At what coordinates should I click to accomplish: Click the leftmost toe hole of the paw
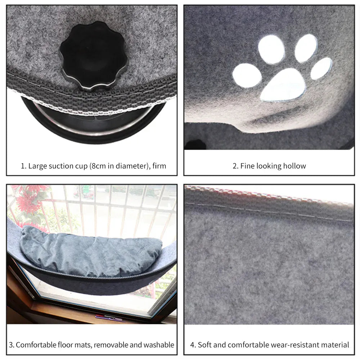[247, 75]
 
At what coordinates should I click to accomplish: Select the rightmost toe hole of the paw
[321, 68]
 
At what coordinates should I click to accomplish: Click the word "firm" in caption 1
[159, 166]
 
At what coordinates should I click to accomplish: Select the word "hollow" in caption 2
[294, 166]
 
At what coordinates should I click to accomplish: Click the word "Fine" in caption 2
[247, 166]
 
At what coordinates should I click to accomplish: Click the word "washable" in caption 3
[159, 345]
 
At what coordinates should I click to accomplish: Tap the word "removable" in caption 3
[111, 345]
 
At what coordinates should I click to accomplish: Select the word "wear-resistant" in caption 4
[293, 345]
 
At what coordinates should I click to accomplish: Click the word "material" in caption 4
[334, 345]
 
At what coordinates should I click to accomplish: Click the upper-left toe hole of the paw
[271, 49]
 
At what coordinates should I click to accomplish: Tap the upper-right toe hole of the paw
[306, 48]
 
